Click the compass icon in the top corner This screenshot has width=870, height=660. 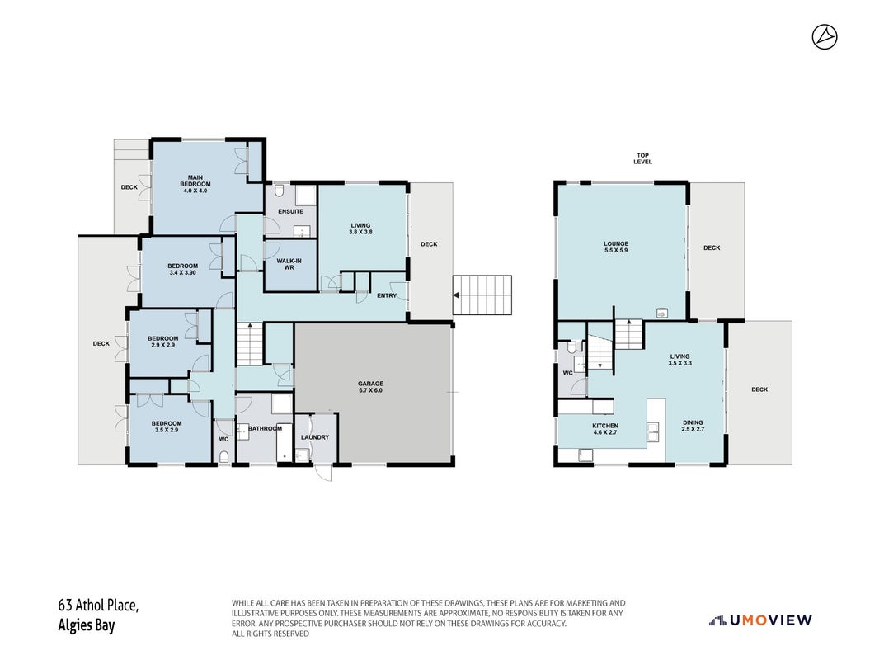click(x=825, y=37)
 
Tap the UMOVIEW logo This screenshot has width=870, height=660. click(x=760, y=620)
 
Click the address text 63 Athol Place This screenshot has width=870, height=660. click(x=98, y=605)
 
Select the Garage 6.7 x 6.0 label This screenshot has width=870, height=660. click(x=370, y=387)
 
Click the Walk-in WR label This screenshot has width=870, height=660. click(x=289, y=264)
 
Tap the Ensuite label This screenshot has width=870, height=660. click(x=291, y=211)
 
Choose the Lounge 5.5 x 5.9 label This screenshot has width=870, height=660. click(x=616, y=247)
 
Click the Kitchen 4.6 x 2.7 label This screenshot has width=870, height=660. click(x=604, y=429)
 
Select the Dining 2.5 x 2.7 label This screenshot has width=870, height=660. click(x=693, y=426)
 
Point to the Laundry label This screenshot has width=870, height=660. click(x=315, y=437)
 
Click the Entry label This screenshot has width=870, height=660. click(x=387, y=296)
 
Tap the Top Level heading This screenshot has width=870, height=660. click(x=642, y=158)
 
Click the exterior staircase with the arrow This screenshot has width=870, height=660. click(x=482, y=295)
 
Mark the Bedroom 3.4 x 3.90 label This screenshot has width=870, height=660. click(x=182, y=269)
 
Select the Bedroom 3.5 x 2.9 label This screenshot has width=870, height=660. click(x=167, y=427)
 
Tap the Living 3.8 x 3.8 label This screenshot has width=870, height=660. click(x=360, y=229)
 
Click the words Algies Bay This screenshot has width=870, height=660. click(x=87, y=625)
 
